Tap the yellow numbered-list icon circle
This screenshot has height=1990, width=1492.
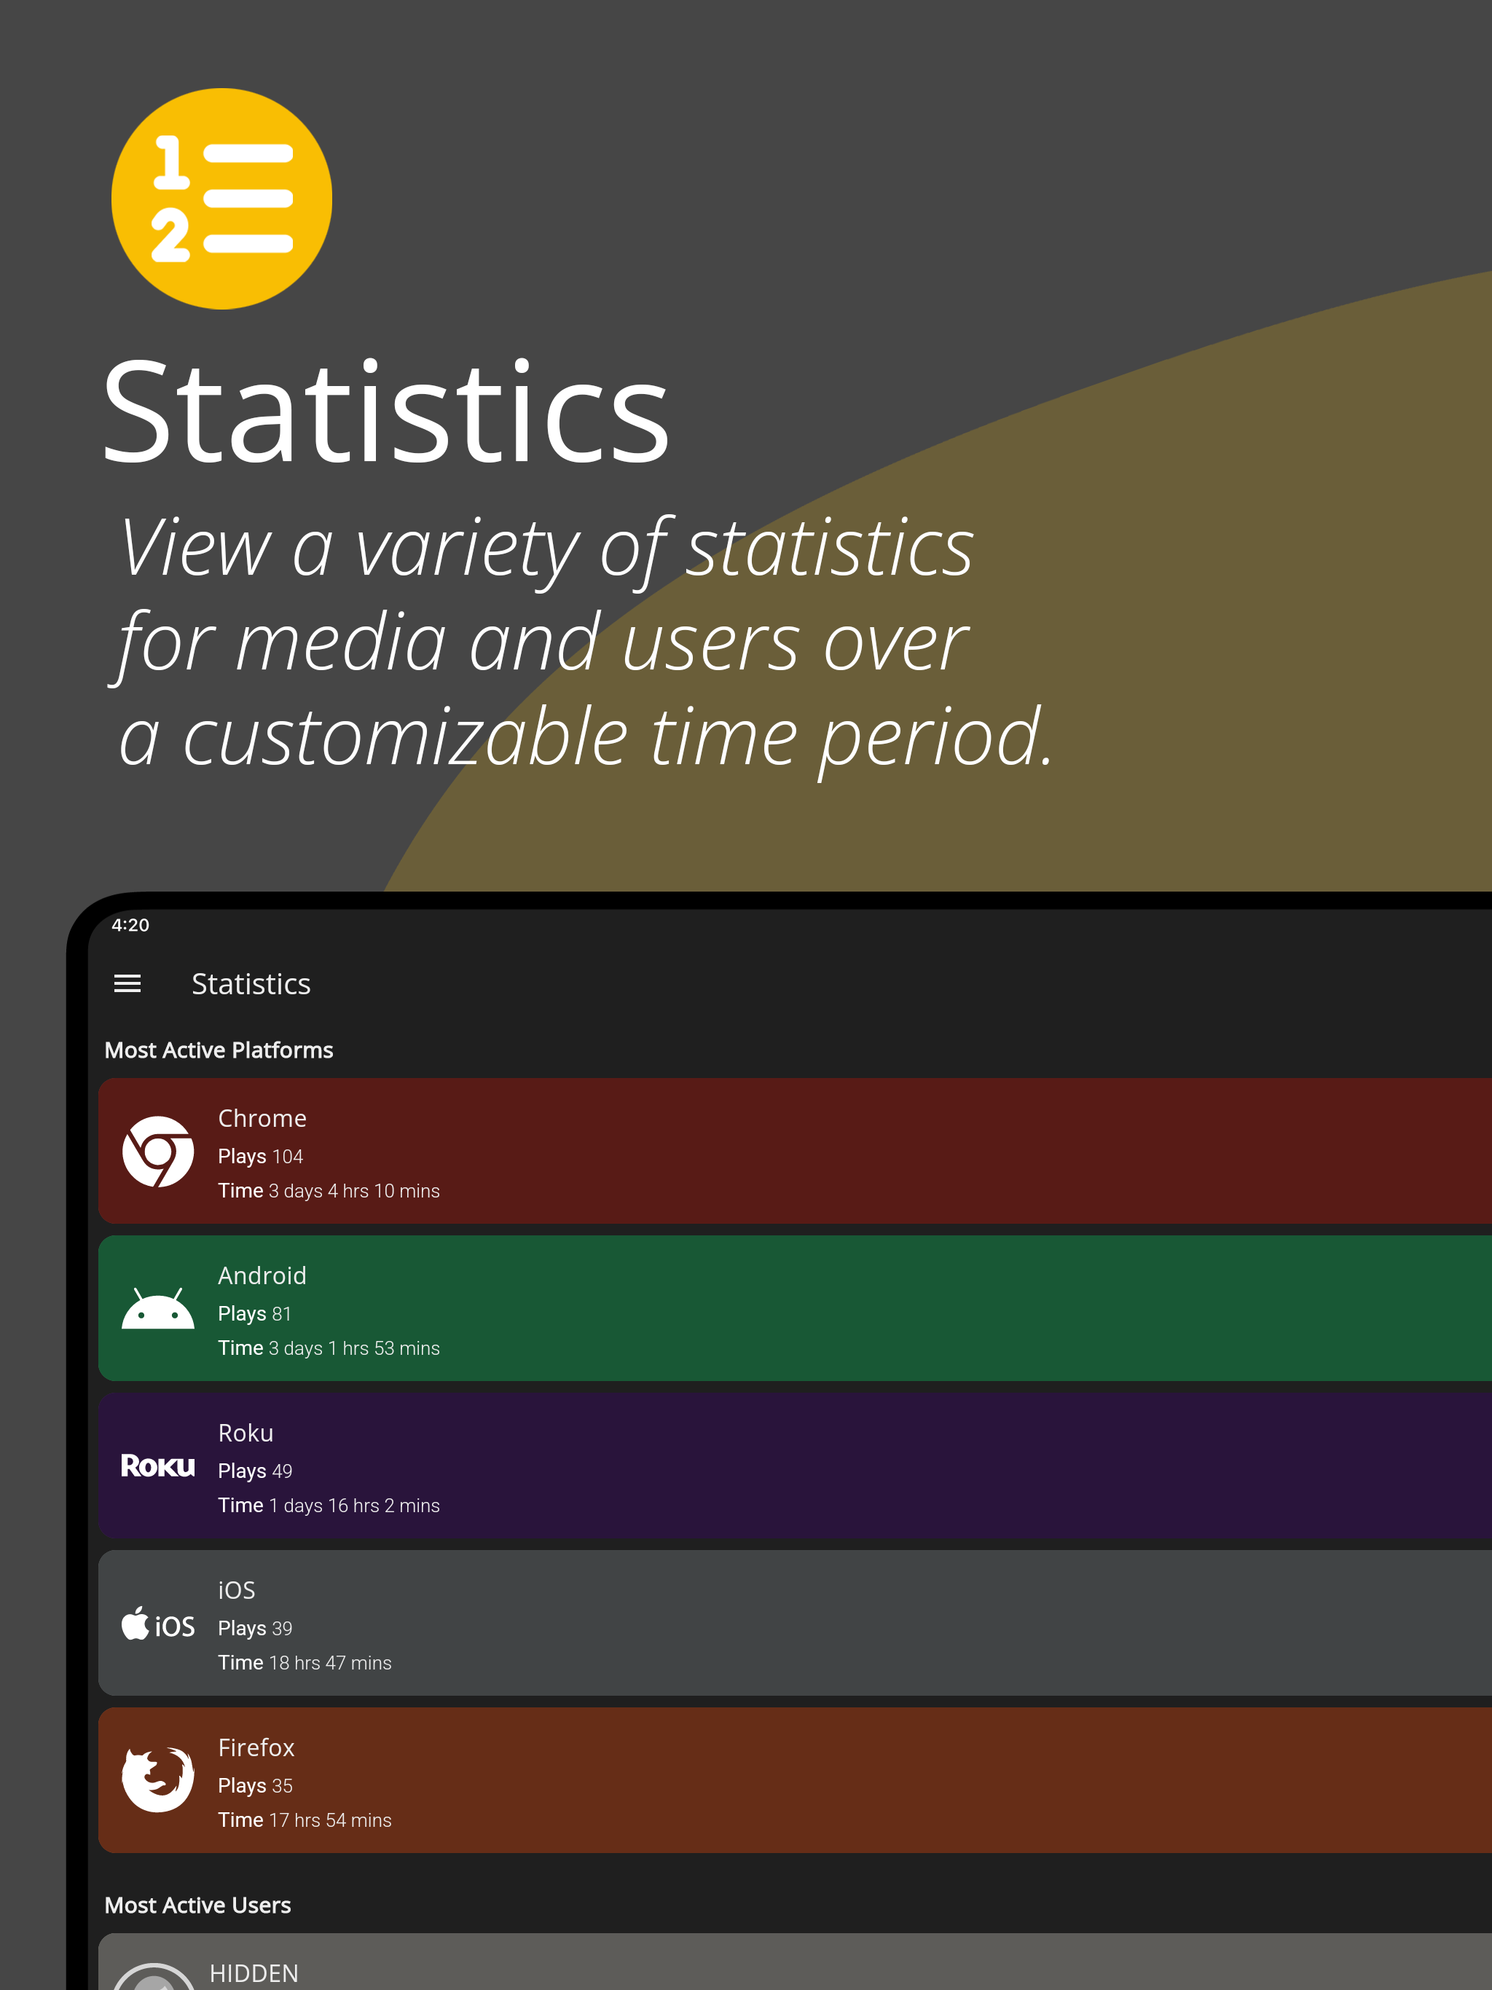(x=221, y=199)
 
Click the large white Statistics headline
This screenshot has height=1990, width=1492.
(x=386, y=413)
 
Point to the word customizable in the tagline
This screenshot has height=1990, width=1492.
(x=406, y=737)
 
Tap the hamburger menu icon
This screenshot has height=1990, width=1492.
(x=127, y=983)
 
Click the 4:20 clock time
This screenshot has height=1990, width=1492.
(x=130, y=925)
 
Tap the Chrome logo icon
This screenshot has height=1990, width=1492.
(x=158, y=1152)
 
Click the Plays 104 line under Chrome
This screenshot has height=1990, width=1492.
(x=260, y=1156)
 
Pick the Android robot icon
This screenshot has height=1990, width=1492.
(x=158, y=1309)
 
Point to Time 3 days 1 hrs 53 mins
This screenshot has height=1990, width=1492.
(x=329, y=1348)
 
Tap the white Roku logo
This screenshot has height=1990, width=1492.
(x=158, y=1466)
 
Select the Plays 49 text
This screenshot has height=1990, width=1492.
(x=255, y=1471)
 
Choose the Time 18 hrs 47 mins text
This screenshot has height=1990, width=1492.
(x=305, y=1662)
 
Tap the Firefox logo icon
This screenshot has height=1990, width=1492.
(x=158, y=1779)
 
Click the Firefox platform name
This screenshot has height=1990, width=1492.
(x=256, y=1747)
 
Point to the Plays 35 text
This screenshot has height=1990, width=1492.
(x=255, y=1786)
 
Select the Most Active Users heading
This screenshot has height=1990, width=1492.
(x=198, y=1906)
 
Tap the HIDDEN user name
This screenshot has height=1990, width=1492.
(x=254, y=1973)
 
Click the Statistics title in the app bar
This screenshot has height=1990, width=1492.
(x=251, y=984)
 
